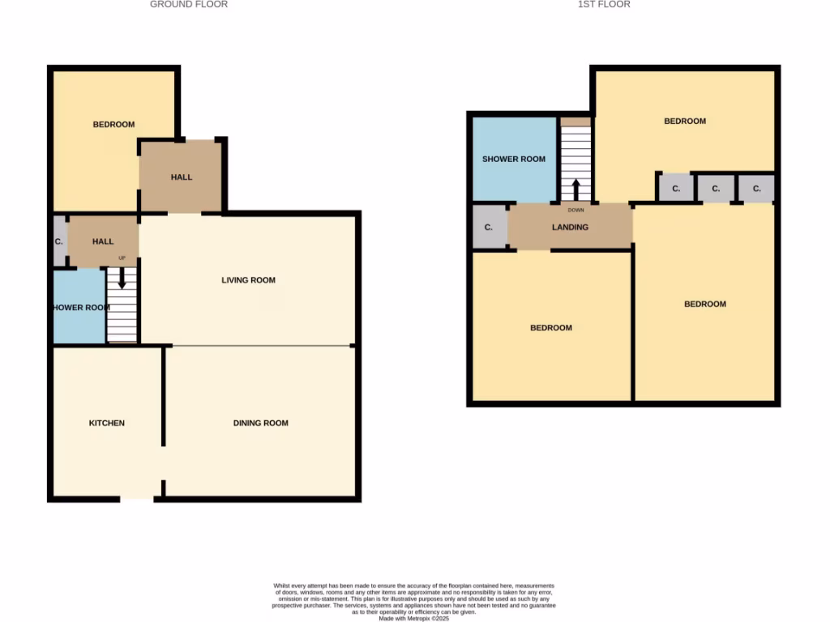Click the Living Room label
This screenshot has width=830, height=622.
click(x=249, y=280)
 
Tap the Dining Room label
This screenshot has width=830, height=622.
click(x=260, y=423)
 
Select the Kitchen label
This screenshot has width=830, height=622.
click(x=107, y=423)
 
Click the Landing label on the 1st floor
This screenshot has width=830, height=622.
click(x=570, y=228)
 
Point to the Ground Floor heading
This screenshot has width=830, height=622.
click(x=189, y=5)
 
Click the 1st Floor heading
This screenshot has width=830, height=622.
click(x=604, y=5)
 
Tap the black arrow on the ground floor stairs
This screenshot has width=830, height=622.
click(x=122, y=279)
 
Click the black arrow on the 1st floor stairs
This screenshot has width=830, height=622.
click(x=576, y=190)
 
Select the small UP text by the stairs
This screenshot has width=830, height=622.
click(x=122, y=258)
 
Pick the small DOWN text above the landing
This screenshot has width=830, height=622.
click(x=575, y=210)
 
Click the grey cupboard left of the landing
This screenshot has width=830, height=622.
click(x=489, y=228)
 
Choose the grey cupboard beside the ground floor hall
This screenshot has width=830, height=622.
click(x=59, y=241)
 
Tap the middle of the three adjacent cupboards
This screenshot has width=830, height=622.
click(x=715, y=189)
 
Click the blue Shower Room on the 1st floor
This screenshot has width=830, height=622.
click(x=514, y=159)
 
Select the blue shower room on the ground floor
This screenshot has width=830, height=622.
click(x=79, y=308)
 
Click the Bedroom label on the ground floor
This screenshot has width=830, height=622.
click(x=113, y=125)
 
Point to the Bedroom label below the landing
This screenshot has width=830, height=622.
click(x=551, y=328)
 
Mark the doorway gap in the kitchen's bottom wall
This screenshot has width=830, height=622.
click(x=136, y=499)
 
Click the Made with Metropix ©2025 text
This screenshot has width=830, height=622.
click(x=413, y=618)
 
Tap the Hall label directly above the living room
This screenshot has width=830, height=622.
click(x=182, y=177)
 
